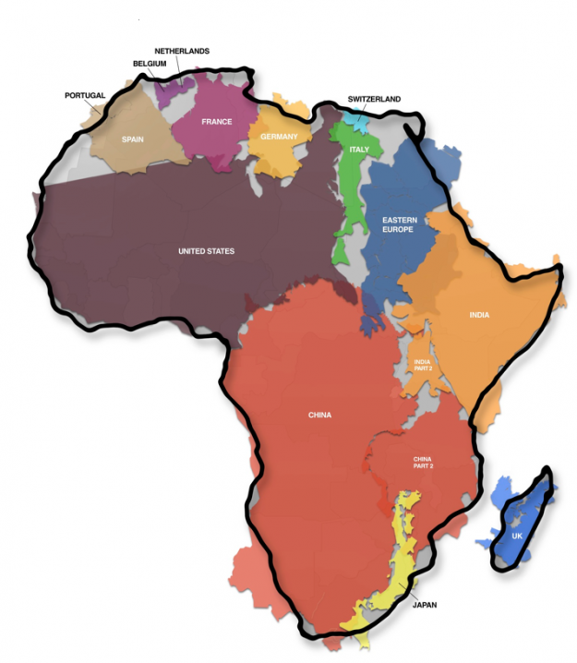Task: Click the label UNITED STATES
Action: pos(206,251)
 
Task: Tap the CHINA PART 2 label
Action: pos(423,463)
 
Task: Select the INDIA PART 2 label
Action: pos(423,366)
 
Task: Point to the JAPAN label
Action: pos(425,605)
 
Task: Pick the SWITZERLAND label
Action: pos(374,98)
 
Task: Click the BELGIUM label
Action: pos(149,64)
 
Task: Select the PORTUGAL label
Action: pos(85,95)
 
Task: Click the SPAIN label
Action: pos(134,140)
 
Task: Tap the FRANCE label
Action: pos(215,122)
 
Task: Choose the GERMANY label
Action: pos(279,137)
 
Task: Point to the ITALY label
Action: pos(359,149)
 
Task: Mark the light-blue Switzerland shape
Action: pos(355,120)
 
